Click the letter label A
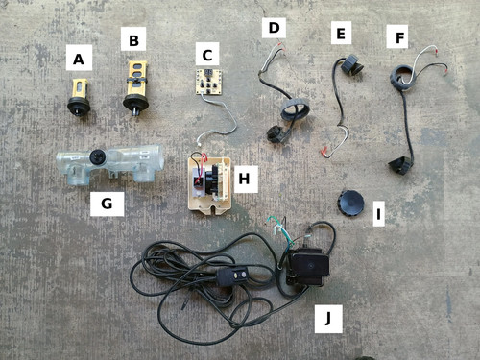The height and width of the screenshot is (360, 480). point(79,58)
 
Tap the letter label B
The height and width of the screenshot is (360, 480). point(133,39)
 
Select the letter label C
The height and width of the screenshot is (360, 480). point(207,54)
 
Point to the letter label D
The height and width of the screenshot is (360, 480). point(274,28)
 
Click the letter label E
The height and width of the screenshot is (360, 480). point(341,33)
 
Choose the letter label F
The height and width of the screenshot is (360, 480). point(397,36)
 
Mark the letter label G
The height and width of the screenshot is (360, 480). point(107,204)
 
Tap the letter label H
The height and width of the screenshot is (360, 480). point(245,179)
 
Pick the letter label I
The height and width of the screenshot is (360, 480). point(379,214)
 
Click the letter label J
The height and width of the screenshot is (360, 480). point(328,319)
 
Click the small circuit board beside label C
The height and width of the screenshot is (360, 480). point(209,82)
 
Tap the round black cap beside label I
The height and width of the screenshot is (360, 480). point(350,204)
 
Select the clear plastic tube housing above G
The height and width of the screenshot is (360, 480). point(110,162)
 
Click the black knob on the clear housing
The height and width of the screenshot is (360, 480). point(96,156)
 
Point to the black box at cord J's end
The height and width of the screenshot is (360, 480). point(307,265)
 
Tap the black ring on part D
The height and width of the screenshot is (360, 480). point(295,109)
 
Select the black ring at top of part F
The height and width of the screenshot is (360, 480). point(402,77)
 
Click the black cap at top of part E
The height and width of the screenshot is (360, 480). point(352,64)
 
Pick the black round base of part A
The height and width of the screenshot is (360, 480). point(79,105)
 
